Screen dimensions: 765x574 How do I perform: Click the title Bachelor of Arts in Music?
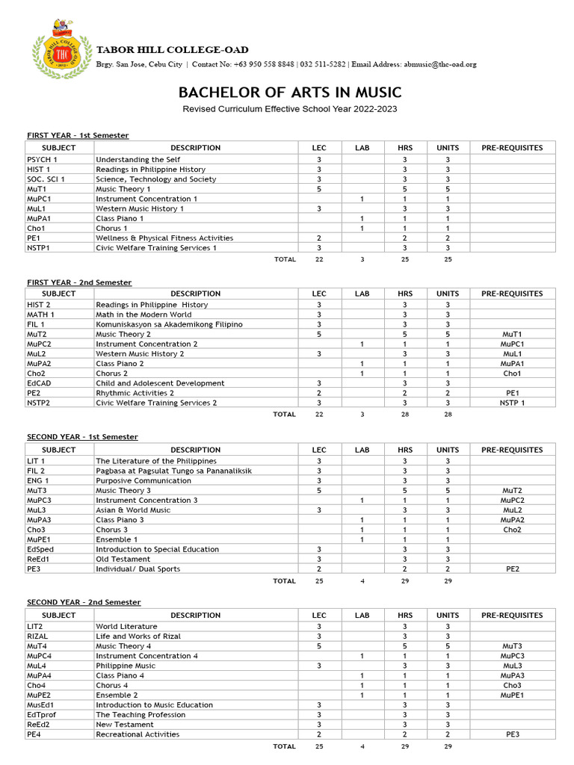(289, 92)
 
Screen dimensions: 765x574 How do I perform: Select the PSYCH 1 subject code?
(42, 160)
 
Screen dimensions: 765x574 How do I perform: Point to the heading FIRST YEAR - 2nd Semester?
(79, 282)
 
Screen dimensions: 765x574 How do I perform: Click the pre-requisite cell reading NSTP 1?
(512, 403)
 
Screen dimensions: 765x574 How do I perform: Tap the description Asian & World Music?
(133, 510)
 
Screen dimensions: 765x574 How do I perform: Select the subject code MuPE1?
(40, 539)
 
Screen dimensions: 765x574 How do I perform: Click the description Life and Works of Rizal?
(138, 636)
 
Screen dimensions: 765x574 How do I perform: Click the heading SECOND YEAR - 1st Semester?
(82, 436)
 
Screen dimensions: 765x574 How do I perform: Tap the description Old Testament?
(122, 559)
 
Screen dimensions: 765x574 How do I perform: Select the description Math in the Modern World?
(143, 315)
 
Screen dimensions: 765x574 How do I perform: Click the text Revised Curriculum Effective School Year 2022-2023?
(290, 109)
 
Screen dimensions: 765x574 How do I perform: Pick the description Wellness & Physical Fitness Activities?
(164, 238)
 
